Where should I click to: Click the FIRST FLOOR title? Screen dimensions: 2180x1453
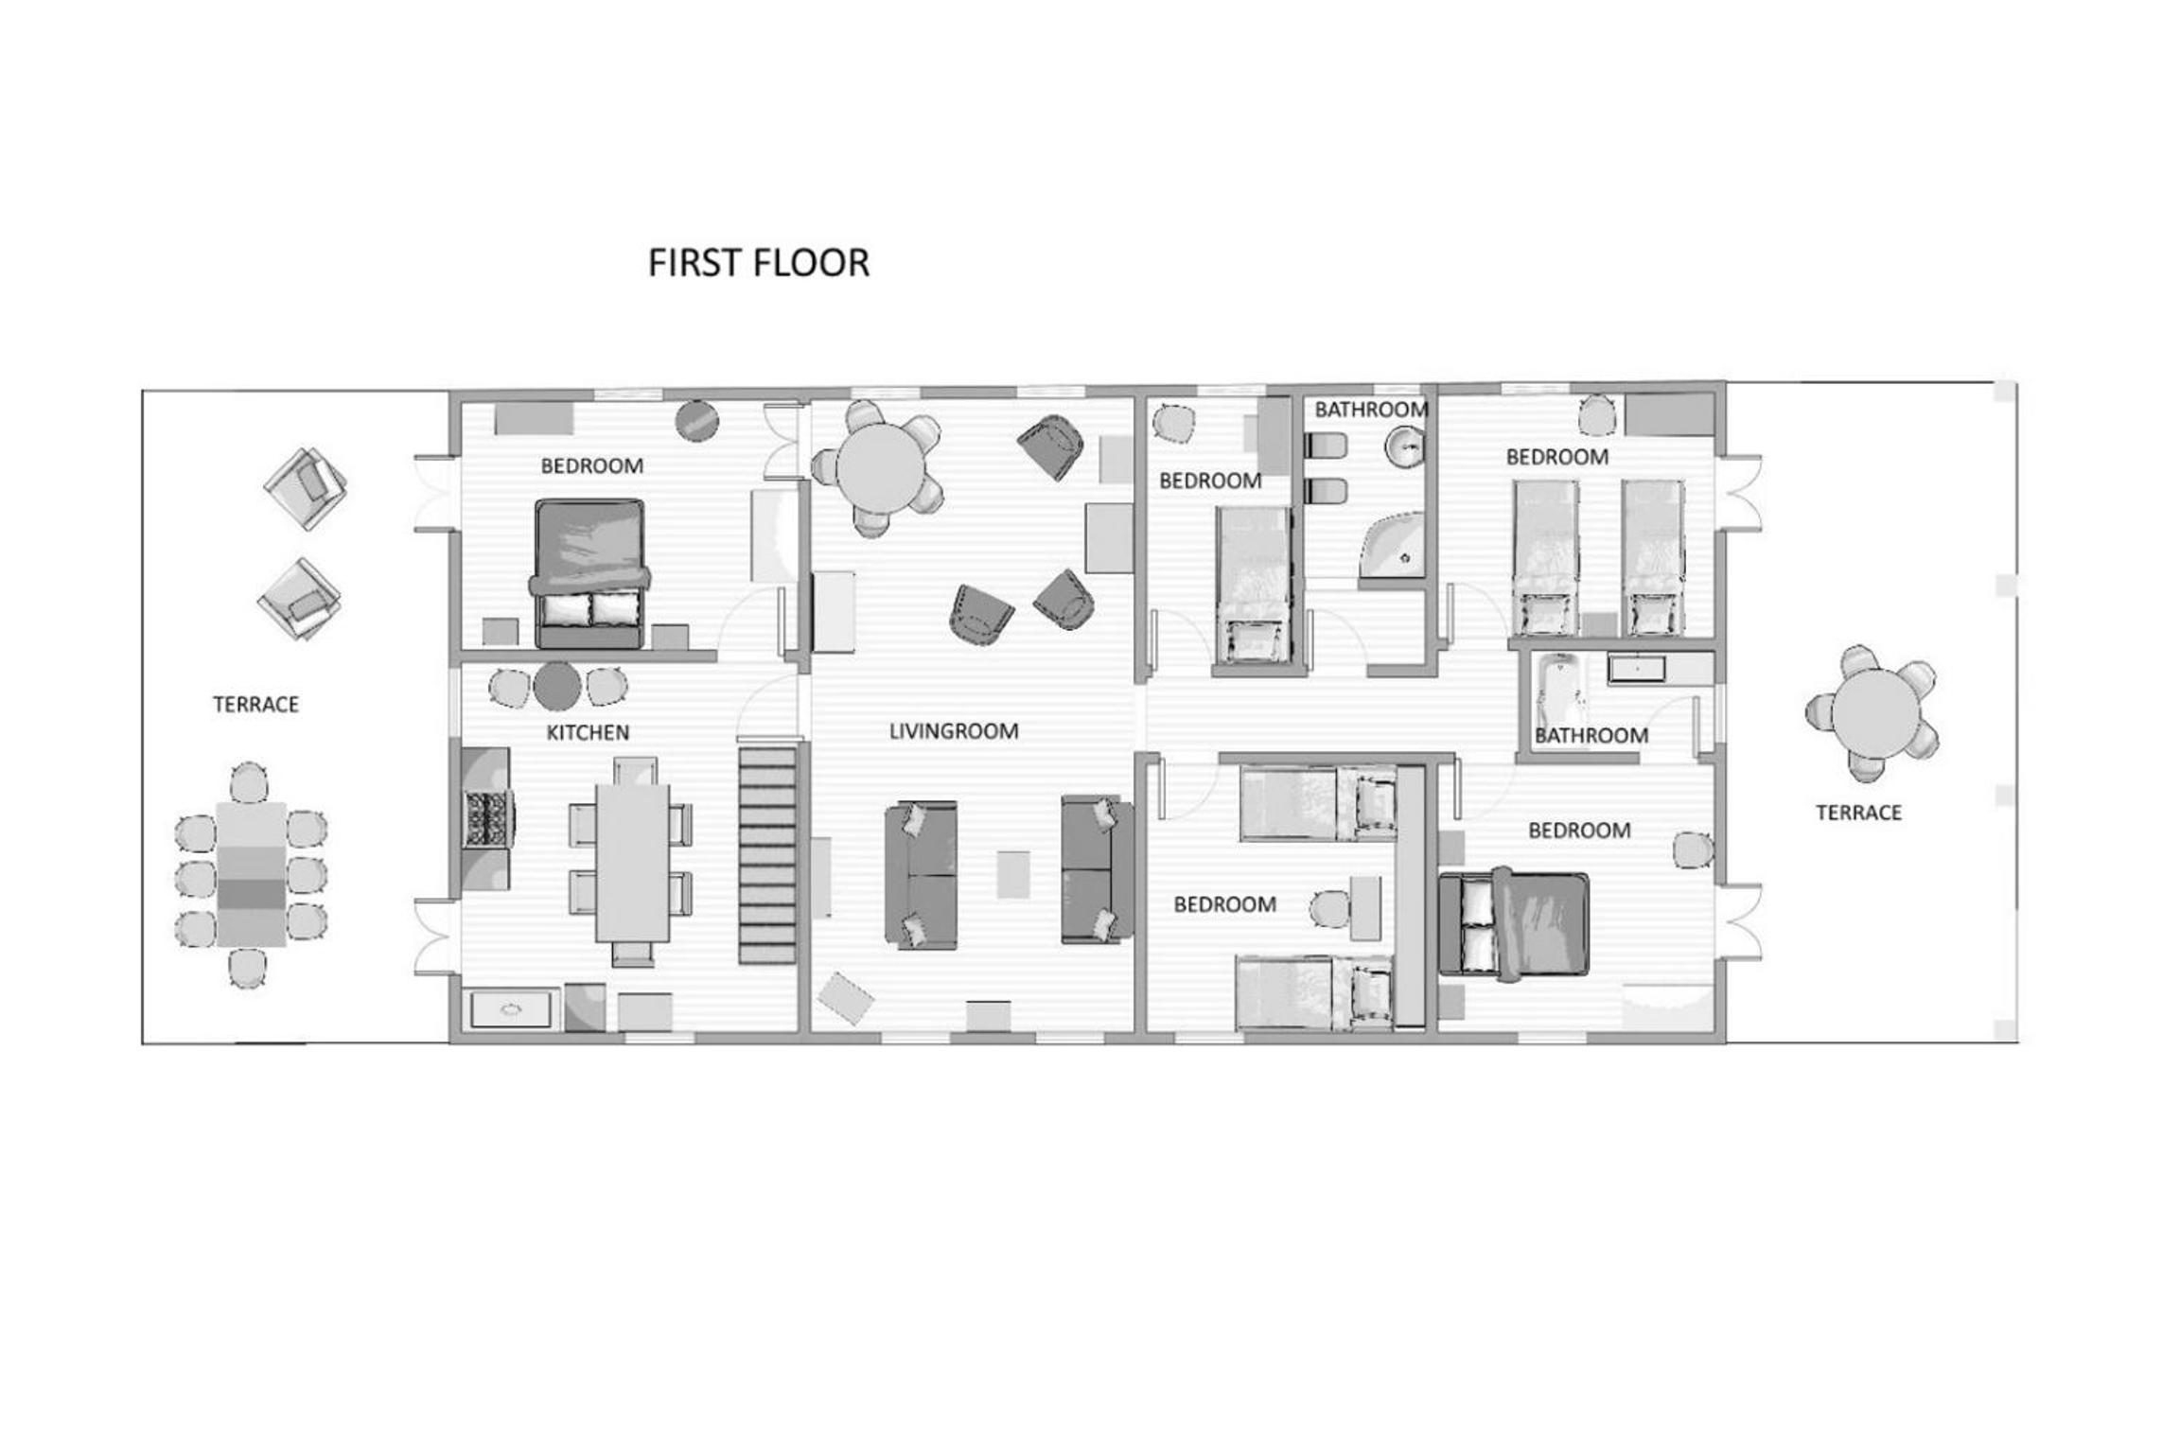click(758, 263)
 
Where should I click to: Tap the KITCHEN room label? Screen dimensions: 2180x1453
click(588, 732)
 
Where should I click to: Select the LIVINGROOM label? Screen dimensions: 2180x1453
click(954, 731)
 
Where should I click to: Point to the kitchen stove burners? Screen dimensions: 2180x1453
click(487, 818)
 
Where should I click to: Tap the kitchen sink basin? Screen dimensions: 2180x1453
click(511, 1009)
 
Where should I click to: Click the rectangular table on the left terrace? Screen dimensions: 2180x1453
click(251, 874)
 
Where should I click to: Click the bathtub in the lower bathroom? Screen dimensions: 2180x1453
click(1554, 696)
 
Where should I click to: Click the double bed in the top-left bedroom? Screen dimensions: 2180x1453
click(590, 574)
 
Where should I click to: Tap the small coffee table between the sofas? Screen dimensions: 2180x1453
click(1014, 875)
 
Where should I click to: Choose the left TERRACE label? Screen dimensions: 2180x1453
click(255, 705)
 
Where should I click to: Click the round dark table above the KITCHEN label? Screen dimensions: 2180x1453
click(557, 686)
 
